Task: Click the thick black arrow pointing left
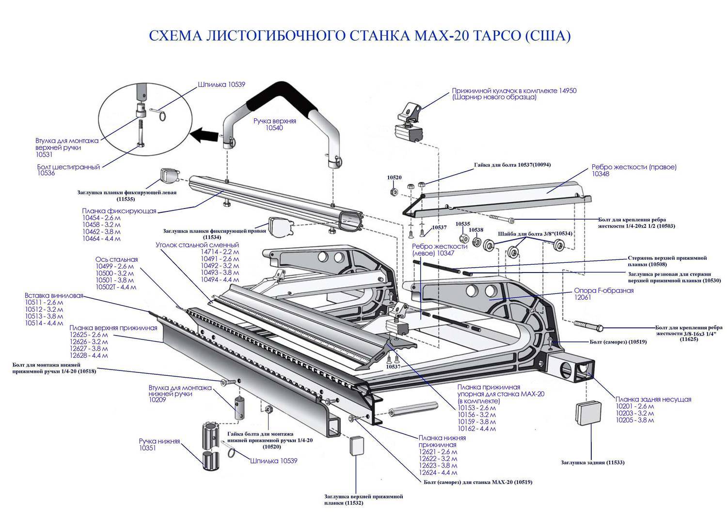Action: click(203, 134)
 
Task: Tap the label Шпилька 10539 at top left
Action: click(221, 84)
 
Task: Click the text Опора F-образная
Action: click(603, 290)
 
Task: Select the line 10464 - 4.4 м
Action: click(101, 239)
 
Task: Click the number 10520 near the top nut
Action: click(394, 177)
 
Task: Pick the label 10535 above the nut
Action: click(463, 224)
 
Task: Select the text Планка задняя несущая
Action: click(653, 399)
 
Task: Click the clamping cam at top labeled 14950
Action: click(410, 123)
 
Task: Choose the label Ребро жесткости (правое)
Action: click(633, 167)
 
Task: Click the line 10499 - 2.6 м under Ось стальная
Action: click(114, 266)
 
